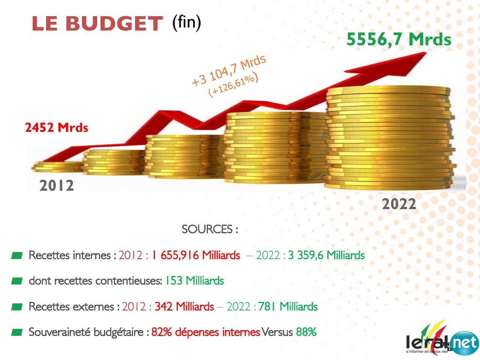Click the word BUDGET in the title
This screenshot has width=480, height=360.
pyautogui.click(x=114, y=24)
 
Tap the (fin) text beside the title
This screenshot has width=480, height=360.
pyautogui.click(x=186, y=22)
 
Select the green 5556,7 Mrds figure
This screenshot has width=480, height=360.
pyautogui.click(x=399, y=39)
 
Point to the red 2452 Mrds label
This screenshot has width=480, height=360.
pyautogui.click(x=57, y=127)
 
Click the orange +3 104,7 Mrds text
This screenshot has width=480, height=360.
pyautogui.click(x=229, y=70)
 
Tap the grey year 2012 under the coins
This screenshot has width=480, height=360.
pyautogui.click(x=57, y=186)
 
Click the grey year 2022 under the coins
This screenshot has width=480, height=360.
pyautogui.click(x=399, y=204)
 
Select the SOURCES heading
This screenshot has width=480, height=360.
pyautogui.click(x=210, y=229)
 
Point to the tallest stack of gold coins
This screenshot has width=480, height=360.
pyautogui.click(x=390, y=139)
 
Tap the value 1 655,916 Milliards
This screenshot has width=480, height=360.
pyautogui.click(x=196, y=255)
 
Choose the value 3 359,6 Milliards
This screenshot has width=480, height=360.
pyautogui.click(x=326, y=255)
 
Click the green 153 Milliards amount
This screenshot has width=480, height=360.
pyautogui.click(x=195, y=281)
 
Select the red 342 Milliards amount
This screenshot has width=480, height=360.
pyautogui.click(x=184, y=307)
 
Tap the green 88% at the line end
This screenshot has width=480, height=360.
pyautogui.click(x=306, y=332)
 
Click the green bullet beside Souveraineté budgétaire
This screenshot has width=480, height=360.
pyautogui.click(x=17, y=332)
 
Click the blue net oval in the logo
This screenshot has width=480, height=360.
pyautogui.click(x=464, y=343)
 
